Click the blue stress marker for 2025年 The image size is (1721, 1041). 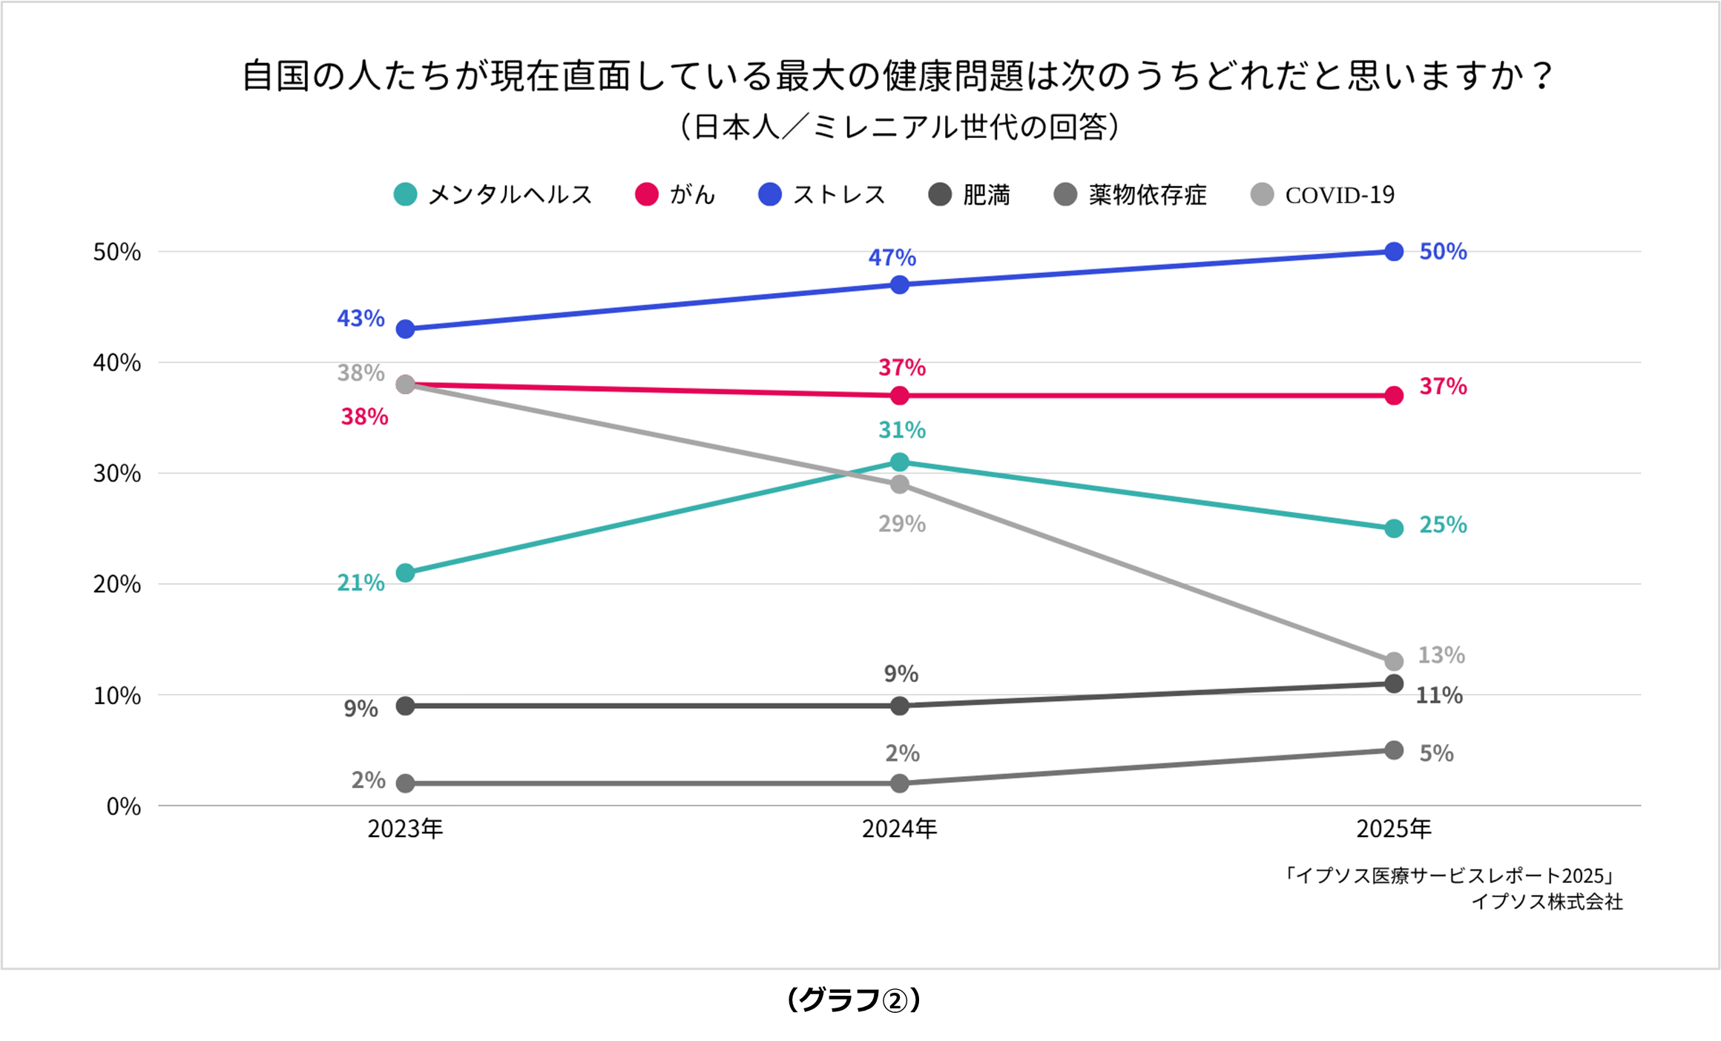(x=1394, y=252)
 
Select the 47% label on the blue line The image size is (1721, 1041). (x=892, y=257)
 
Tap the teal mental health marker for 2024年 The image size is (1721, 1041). (x=899, y=462)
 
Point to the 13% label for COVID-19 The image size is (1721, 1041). (x=1441, y=655)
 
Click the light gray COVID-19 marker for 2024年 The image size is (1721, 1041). (x=899, y=485)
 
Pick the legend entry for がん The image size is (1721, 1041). (x=675, y=194)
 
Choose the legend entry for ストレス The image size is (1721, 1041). (x=822, y=194)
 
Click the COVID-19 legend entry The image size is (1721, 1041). (x=1323, y=195)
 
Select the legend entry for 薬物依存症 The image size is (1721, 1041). (x=1130, y=194)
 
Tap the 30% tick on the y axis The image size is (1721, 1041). (x=116, y=473)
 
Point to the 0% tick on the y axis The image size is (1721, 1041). (x=123, y=807)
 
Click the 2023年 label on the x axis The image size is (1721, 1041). (x=405, y=829)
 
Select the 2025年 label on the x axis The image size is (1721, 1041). (x=1394, y=829)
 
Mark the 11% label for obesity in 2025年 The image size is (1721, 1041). (x=1439, y=695)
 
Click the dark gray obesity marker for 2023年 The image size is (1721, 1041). (x=405, y=706)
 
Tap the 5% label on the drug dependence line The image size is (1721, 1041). (x=1436, y=753)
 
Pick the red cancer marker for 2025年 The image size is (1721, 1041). (x=1394, y=395)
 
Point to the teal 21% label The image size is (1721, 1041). (x=361, y=583)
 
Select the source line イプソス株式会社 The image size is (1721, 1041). (x=1547, y=902)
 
